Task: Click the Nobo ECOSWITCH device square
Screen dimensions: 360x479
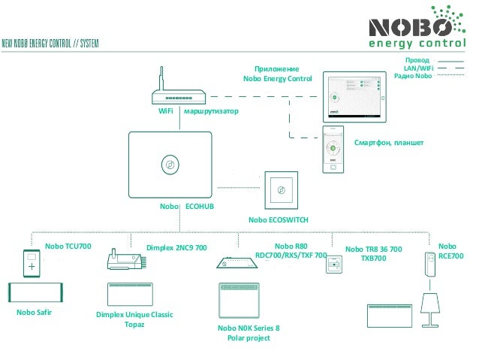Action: (x=281, y=190)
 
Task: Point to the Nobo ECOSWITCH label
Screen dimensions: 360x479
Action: (x=279, y=220)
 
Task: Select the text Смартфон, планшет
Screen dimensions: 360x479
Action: (x=388, y=142)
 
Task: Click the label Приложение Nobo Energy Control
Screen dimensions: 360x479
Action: (x=277, y=73)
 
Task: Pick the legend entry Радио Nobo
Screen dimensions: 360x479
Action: (x=413, y=77)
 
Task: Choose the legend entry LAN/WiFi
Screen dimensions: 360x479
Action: (x=418, y=68)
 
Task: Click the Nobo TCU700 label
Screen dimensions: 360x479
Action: (x=68, y=247)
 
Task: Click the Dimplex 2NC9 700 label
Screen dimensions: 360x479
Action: (x=176, y=247)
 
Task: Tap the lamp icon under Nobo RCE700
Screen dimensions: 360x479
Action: (x=431, y=307)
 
